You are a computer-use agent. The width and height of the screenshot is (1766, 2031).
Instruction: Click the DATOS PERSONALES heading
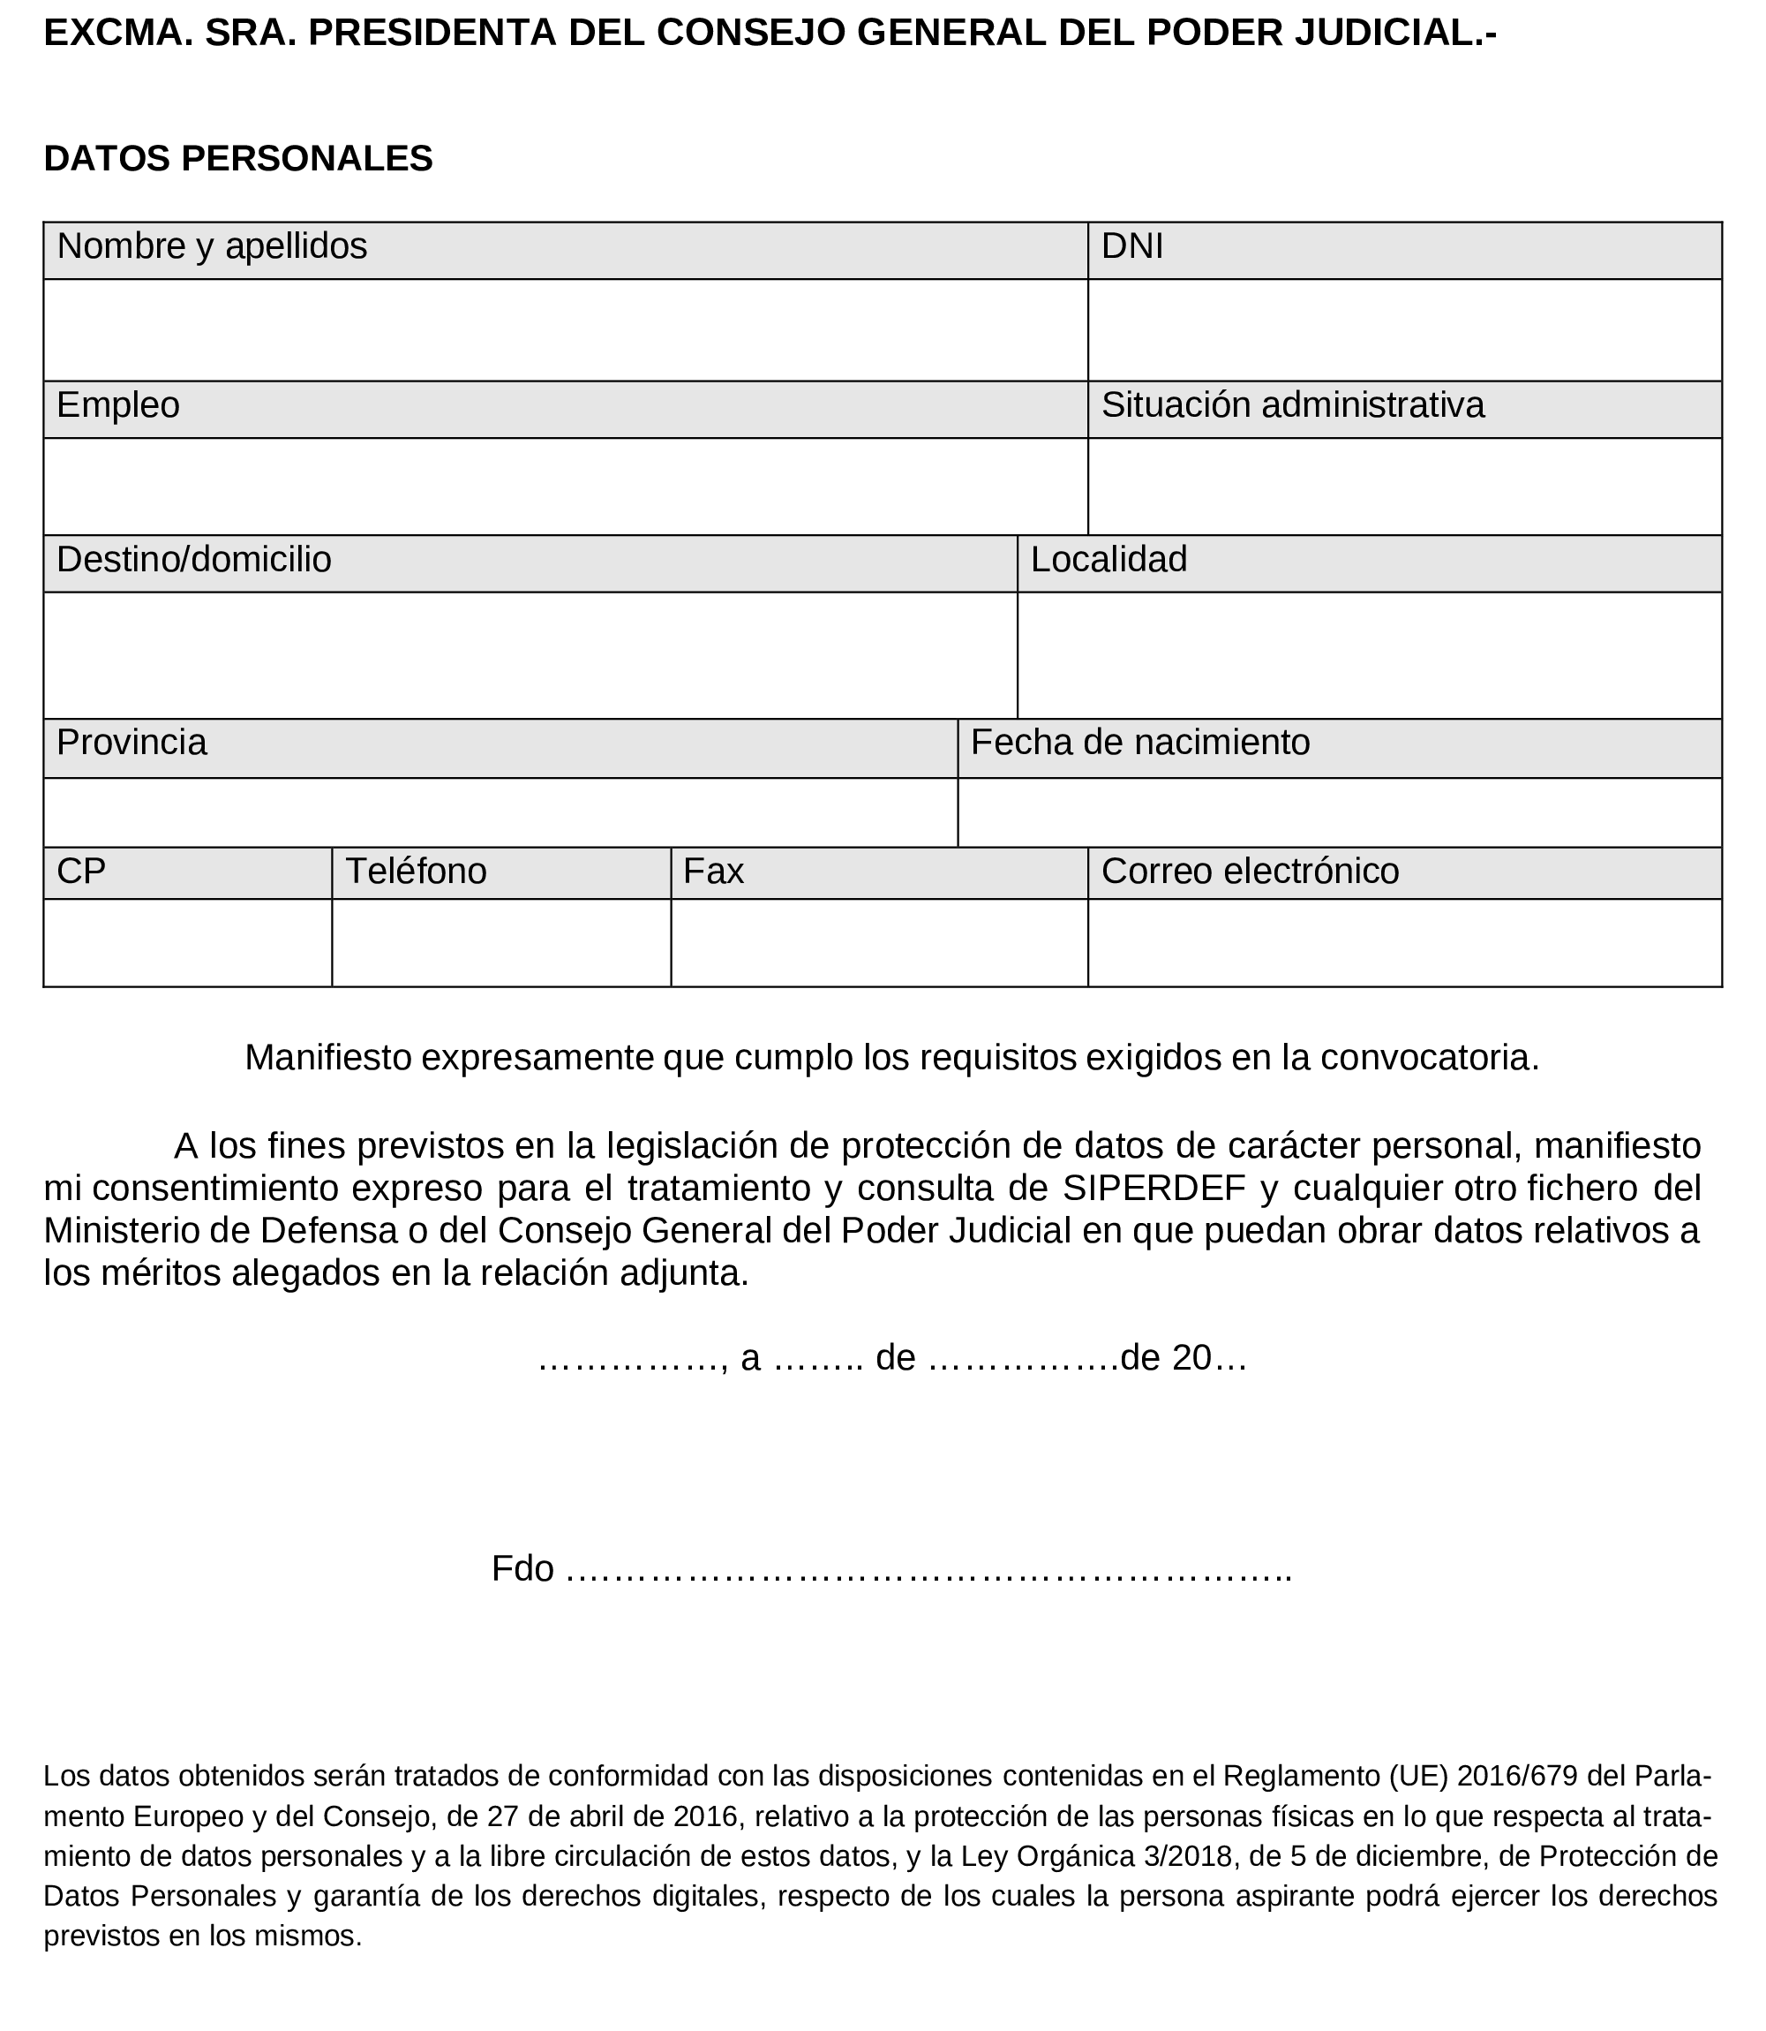pyautogui.click(x=237, y=159)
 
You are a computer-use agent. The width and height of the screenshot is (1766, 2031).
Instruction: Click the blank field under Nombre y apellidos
pyautogui.click(x=565, y=330)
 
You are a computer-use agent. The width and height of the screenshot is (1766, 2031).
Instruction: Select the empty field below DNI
pyautogui.click(x=1403, y=330)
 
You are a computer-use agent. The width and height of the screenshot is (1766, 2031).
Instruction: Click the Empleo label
pyautogui.click(x=118, y=406)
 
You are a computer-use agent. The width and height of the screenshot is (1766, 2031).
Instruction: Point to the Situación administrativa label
pyautogui.click(x=1292, y=406)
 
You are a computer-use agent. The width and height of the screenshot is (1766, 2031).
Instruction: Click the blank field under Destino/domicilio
pyautogui.click(x=530, y=655)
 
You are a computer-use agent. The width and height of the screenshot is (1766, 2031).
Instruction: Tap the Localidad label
pyautogui.click(x=1108, y=560)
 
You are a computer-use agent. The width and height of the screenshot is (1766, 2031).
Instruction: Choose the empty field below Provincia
pyautogui.click(x=500, y=812)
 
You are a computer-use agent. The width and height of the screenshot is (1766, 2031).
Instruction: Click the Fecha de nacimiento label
pyautogui.click(x=1140, y=743)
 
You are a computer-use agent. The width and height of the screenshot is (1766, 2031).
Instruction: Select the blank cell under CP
pyautogui.click(x=187, y=942)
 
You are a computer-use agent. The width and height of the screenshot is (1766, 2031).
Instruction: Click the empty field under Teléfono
pyautogui.click(x=500, y=942)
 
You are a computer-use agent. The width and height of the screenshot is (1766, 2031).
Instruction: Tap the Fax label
pyautogui.click(x=713, y=872)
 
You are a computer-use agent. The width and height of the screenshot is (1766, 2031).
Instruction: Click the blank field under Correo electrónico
pyautogui.click(x=1403, y=942)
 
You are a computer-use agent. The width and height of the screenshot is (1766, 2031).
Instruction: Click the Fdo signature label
pyautogui.click(x=522, y=1568)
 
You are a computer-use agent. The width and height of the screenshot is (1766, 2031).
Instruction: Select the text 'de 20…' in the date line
pyautogui.click(x=1184, y=1359)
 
